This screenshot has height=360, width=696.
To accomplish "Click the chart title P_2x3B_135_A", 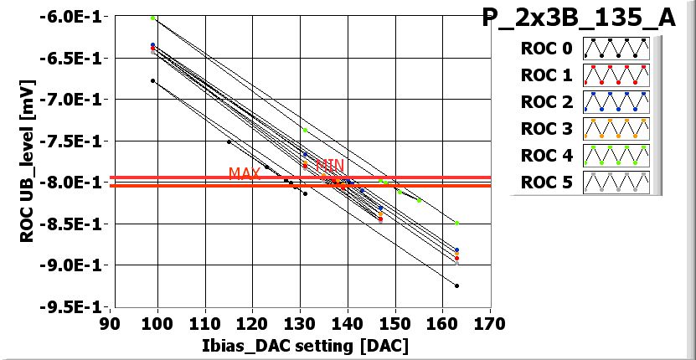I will click(579, 18).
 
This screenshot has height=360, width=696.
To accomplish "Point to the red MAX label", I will click(245, 173).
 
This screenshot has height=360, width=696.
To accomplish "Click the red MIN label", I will click(329, 166).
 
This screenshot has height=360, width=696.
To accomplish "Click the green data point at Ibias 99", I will click(152, 18).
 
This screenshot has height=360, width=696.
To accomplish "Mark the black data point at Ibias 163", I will click(456, 285).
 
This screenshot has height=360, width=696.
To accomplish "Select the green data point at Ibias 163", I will click(456, 223).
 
